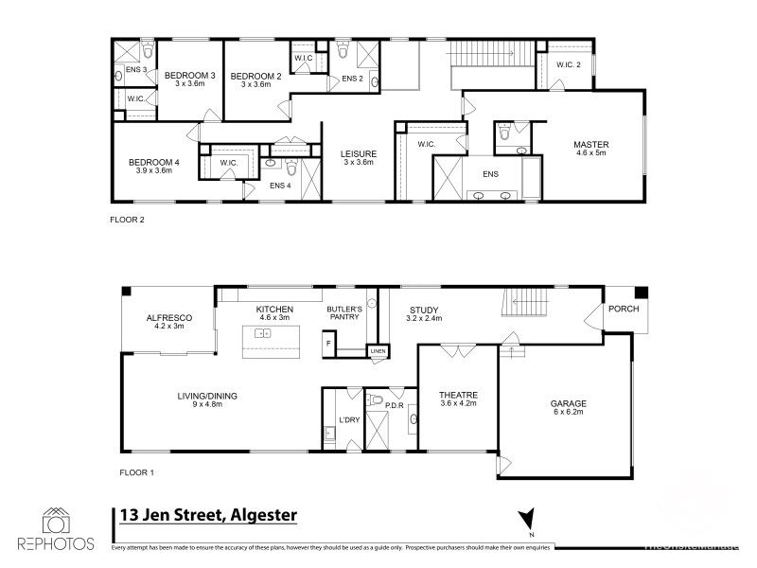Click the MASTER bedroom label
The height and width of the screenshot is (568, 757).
590,145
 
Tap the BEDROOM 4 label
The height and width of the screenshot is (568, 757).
152,162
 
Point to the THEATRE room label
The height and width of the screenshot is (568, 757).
458,395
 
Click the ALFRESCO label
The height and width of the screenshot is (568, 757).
169,318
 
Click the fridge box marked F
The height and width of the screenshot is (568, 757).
328,345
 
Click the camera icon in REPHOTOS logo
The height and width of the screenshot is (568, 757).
56,521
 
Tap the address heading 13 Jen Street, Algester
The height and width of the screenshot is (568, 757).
208,515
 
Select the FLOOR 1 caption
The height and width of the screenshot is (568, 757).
137,470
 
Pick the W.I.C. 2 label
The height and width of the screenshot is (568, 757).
569,64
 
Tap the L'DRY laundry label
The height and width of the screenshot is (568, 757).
347,419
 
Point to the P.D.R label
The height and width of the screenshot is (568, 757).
395,405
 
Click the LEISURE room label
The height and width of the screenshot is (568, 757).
359,153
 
